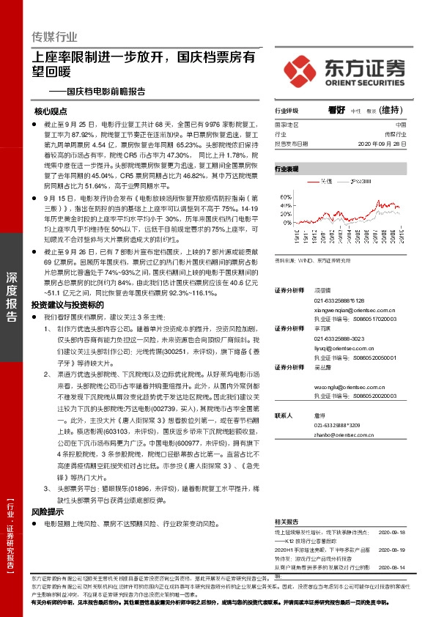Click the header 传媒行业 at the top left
55,37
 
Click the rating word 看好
336,110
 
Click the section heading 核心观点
51,112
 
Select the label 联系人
284,415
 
